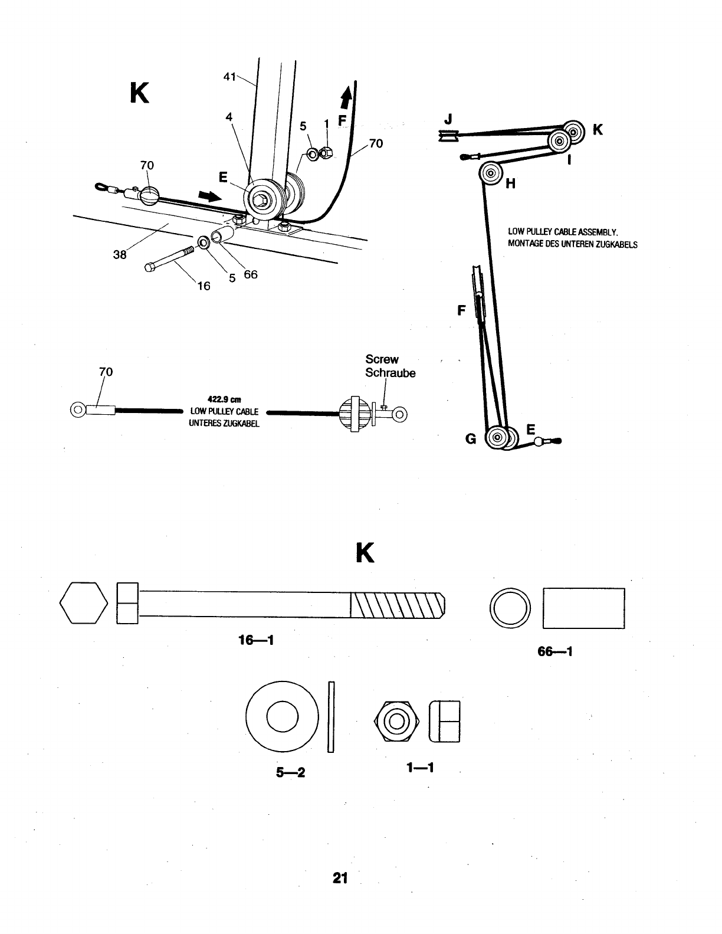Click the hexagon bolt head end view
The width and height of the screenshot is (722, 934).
coord(84,603)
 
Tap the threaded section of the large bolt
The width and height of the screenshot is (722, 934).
coord(396,604)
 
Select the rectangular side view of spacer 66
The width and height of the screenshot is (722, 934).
coord(583,608)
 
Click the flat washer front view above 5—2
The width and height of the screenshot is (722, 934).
coord(282,717)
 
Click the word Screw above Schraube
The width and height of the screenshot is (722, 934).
coord(382,359)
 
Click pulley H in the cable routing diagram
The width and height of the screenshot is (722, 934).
coord(490,173)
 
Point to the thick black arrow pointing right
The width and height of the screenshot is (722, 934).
coord(211,196)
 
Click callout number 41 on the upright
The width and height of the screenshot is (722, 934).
coord(230,77)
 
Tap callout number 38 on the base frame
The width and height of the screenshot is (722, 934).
coord(120,255)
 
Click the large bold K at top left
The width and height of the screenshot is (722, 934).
coord(139,93)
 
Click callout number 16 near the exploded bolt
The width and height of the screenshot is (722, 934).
coord(203,286)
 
